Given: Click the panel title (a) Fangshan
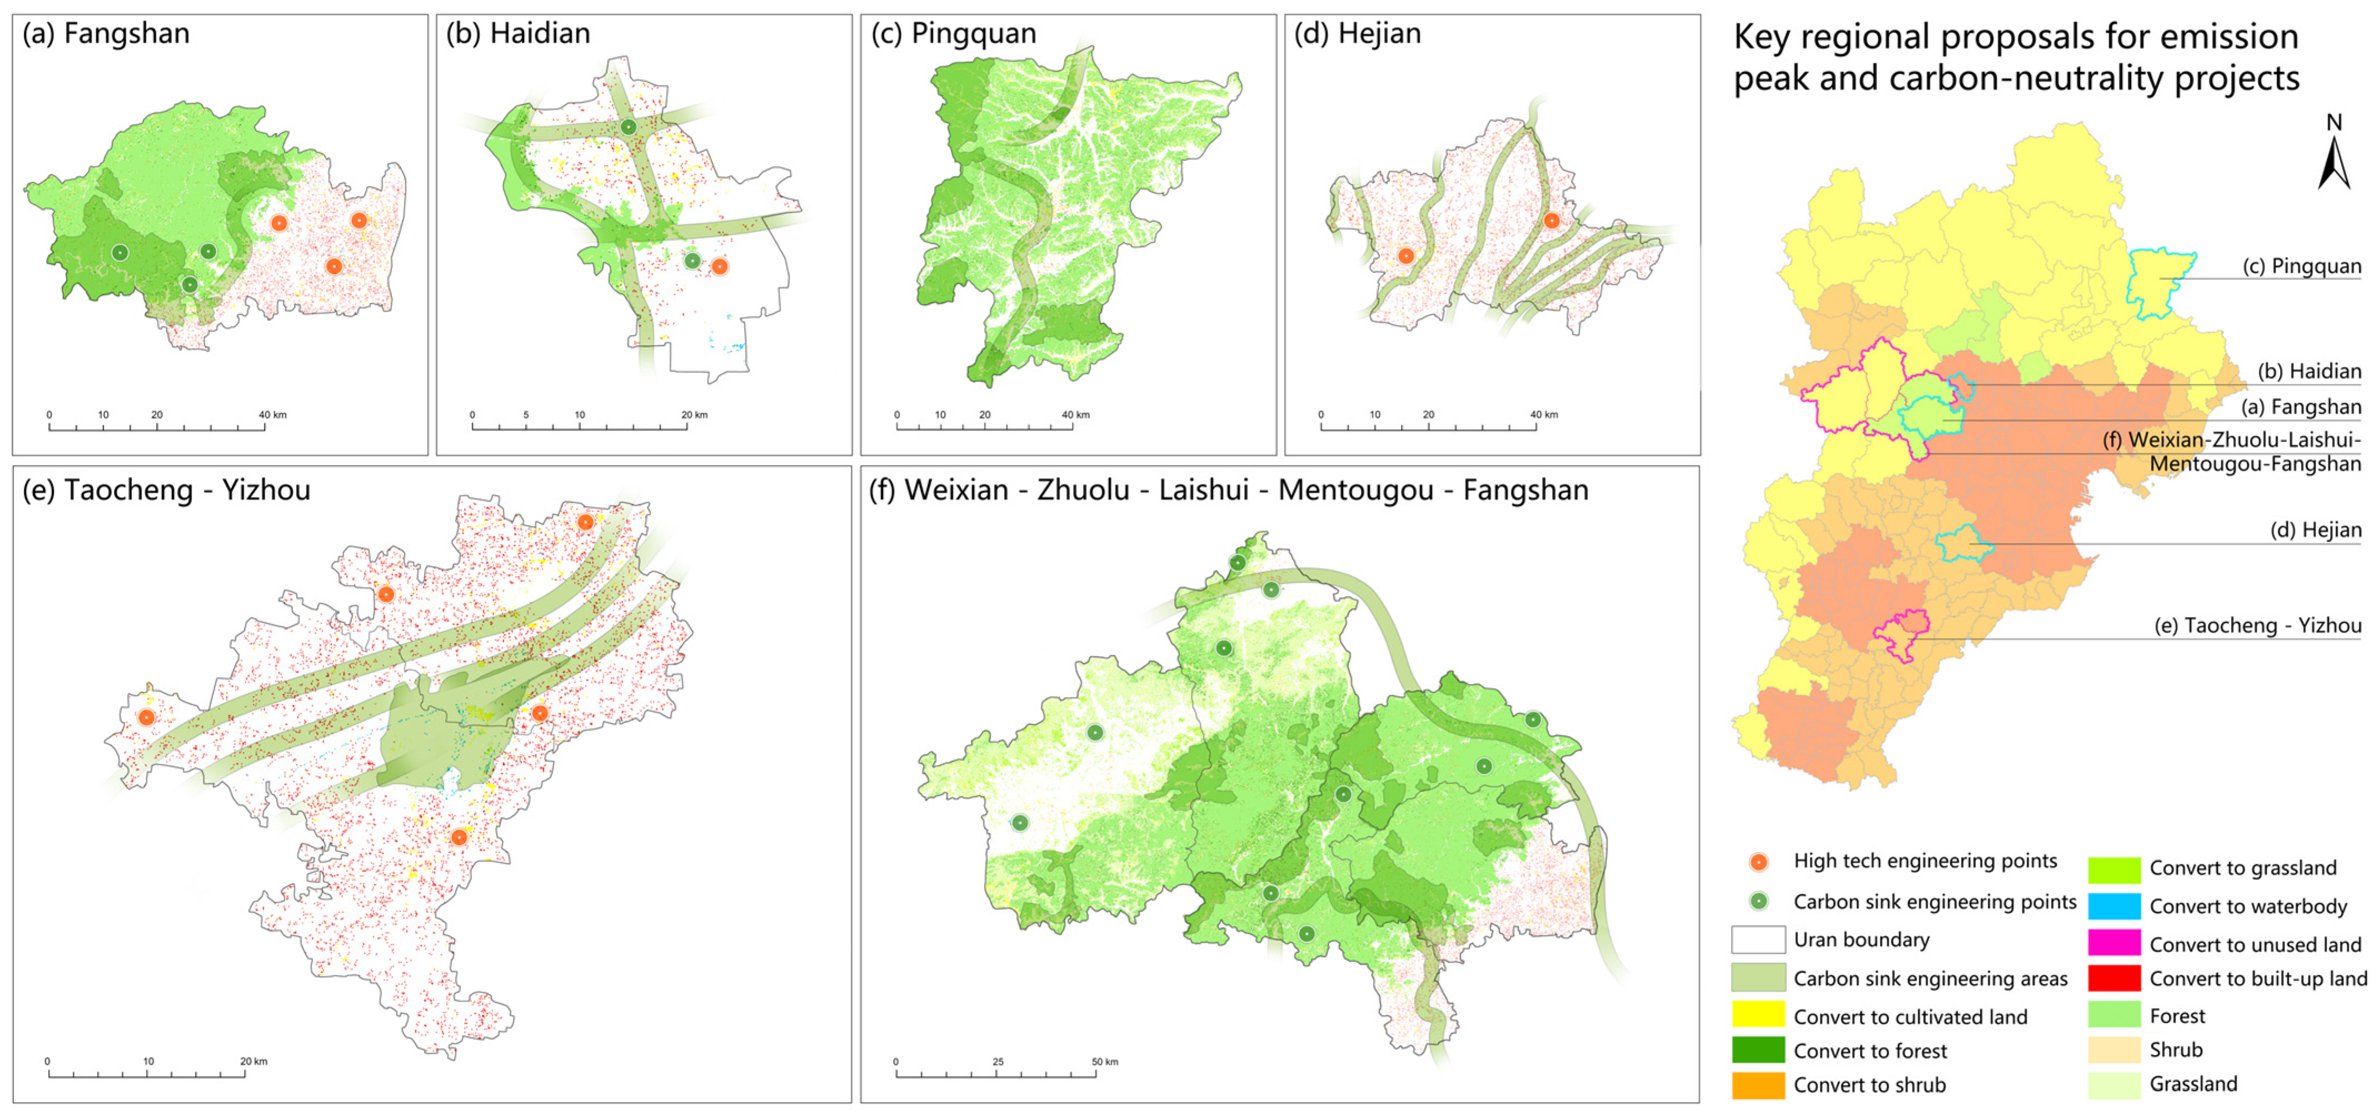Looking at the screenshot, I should (x=106, y=34).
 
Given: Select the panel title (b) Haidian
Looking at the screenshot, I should (x=518, y=34).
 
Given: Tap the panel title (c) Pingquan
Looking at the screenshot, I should (x=953, y=34).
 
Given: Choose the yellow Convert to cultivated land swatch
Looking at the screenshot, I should (x=1758, y=1016).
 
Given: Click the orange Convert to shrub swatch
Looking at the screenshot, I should (x=1758, y=1085).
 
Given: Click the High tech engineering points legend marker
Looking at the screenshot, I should (x=1759, y=862).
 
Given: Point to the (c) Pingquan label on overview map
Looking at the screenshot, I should (x=2301, y=267).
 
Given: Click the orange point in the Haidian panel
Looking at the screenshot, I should (x=720, y=267).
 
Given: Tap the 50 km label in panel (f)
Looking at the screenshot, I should (x=1105, y=1062).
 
